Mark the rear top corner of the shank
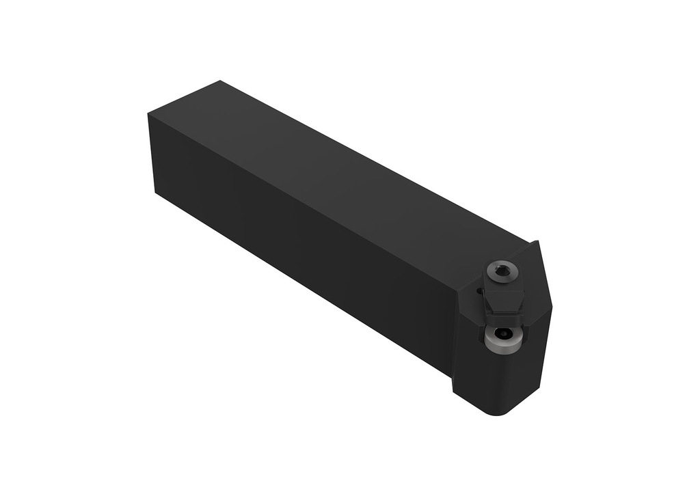tap(219, 81)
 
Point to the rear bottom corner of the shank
tap(157, 193)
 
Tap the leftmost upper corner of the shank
tap(148, 114)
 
